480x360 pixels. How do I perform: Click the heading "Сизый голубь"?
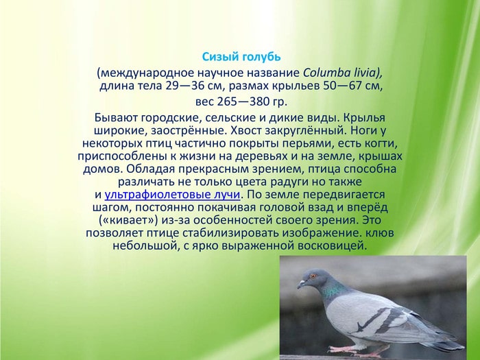pos(241,56)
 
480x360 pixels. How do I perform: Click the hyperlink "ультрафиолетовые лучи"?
pos(172,195)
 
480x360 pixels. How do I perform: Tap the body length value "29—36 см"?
pos(199,86)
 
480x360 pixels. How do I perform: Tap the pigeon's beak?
pos(301,284)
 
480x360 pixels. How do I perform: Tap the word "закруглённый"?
pos(317,130)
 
